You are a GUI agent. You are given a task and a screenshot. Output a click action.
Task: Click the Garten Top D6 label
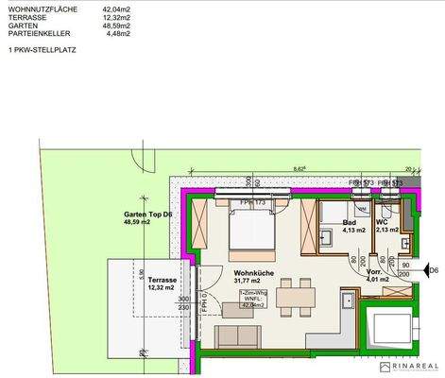(147, 216)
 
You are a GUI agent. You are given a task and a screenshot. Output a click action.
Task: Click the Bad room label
(350, 224)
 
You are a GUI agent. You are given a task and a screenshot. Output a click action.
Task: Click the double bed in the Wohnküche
(250, 230)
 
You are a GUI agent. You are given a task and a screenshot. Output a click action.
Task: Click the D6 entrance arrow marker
(433, 272)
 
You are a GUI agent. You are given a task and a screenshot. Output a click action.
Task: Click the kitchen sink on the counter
(348, 303)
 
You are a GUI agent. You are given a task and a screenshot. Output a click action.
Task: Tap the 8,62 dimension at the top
(299, 168)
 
